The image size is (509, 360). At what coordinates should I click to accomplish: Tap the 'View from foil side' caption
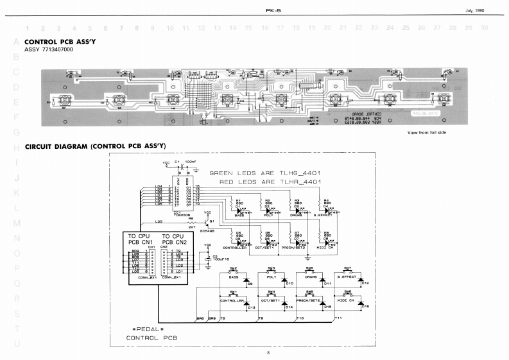pos(426,132)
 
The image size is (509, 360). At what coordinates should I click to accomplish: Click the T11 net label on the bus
pos(338,318)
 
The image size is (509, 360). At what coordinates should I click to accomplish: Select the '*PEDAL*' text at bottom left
pos(141,329)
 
